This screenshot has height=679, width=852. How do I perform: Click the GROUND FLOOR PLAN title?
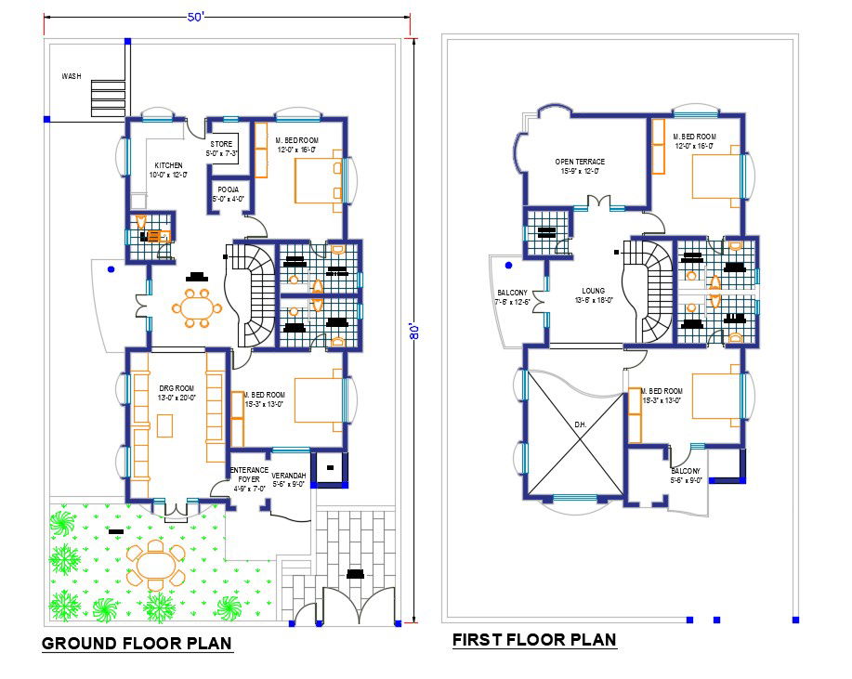[137, 644]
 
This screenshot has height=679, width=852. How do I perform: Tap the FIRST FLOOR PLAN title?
[534, 640]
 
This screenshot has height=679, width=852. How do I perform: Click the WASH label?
[72, 76]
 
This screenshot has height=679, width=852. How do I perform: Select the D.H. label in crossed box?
[580, 424]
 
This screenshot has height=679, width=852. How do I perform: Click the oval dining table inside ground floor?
[197, 308]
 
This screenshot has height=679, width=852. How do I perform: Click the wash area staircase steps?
[107, 98]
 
